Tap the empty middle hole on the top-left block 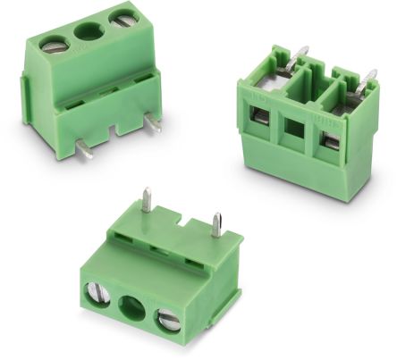point(87,34)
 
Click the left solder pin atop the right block point(302,55)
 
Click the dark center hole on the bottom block point(131,306)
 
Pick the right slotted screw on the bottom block point(169,318)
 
